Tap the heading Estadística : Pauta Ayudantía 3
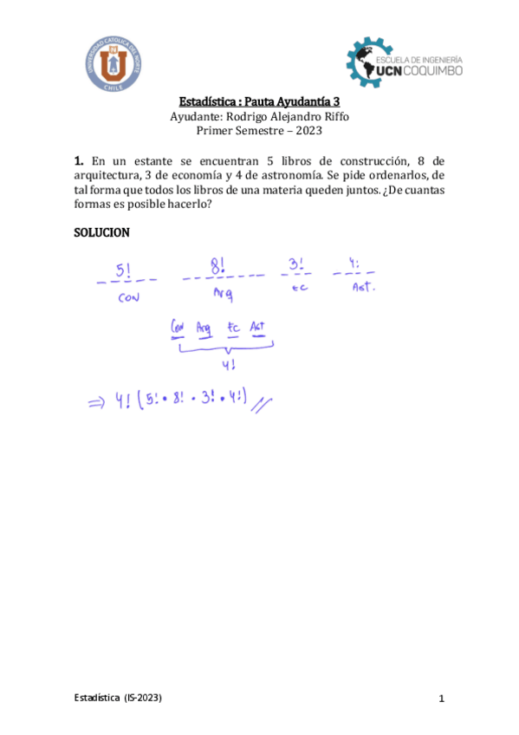[259, 101]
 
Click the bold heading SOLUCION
[102, 233]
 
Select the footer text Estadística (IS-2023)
[118, 698]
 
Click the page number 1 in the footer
[441, 699]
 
